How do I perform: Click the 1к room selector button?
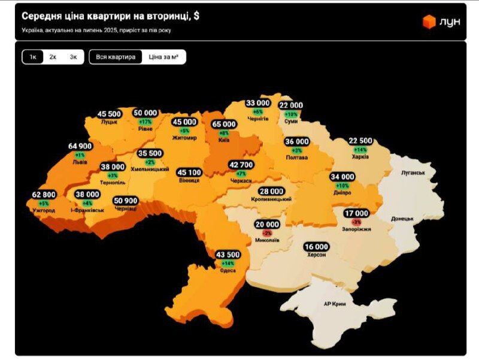click(x=33, y=57)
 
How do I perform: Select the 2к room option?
click(x=53, y=57)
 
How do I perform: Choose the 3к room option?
click(x=73, y=57)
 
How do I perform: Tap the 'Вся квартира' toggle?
click(x=116, y=57)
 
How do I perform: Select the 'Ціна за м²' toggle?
click(x=163, y=57)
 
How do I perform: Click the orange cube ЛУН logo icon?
click(x=429, y=22)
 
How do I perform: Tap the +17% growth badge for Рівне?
click(x=145, y=121)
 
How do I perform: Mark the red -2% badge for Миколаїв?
click(x=267, y=232)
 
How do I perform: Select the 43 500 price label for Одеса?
click(x=228, y=255)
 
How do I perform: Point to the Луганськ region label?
click(x=413, y=173)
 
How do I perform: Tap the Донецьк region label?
click(x=402, y=219)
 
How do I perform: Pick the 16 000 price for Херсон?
click(x=316, y=247)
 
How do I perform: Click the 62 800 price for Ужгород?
click(x=44, y=195)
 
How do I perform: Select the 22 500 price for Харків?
click(x=360, y=141)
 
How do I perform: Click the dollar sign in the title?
click(x=196, y=16)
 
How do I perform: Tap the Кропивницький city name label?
click(x=271, y=199)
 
